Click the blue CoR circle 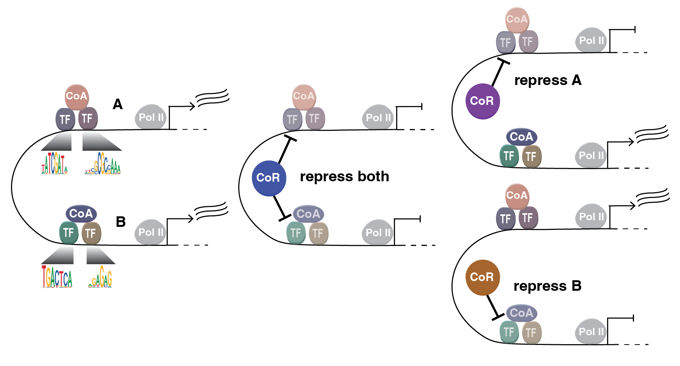269,178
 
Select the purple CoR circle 482,101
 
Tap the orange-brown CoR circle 482,277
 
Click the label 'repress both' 344,177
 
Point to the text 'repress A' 547,80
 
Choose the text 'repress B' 547,286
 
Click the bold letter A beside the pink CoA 118,104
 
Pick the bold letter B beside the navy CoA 120,222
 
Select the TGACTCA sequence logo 57,277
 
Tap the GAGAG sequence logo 101,278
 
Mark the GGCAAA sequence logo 103,164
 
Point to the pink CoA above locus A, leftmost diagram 76,96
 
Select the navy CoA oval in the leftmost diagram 81,214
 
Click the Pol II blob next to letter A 151,117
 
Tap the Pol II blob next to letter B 151,232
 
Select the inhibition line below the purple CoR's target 498,73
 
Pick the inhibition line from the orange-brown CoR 493,307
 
